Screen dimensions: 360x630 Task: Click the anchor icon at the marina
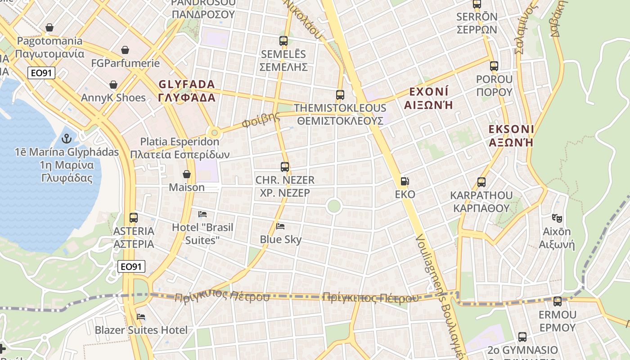(67, 138)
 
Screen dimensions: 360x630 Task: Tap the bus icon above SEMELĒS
(283, 41)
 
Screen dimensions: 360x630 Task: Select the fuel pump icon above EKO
(405, 181)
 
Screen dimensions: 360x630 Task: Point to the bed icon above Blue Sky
(281, 226)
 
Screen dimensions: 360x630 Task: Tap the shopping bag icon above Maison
(187, 174)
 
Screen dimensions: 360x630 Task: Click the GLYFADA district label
(186, 84)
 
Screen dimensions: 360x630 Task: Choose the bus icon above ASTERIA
(134, 218)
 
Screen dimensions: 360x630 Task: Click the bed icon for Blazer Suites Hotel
(141, 317)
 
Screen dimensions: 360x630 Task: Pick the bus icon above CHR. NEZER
(284, 167)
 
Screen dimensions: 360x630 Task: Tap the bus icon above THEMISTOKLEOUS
(340, 95)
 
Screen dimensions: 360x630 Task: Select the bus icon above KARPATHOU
(481, 182)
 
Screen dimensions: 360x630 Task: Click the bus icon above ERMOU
(557, 301)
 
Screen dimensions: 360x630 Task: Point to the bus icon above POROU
(494, 66)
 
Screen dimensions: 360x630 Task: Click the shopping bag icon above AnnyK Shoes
(113, 85)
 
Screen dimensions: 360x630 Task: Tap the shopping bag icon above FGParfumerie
(125, 50)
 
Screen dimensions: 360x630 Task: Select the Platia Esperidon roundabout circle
(215, 133)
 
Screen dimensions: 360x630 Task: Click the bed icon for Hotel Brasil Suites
(202, 214)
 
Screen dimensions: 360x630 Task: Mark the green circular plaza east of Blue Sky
(333, 206)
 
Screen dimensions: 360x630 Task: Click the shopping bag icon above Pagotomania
(49, 28)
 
